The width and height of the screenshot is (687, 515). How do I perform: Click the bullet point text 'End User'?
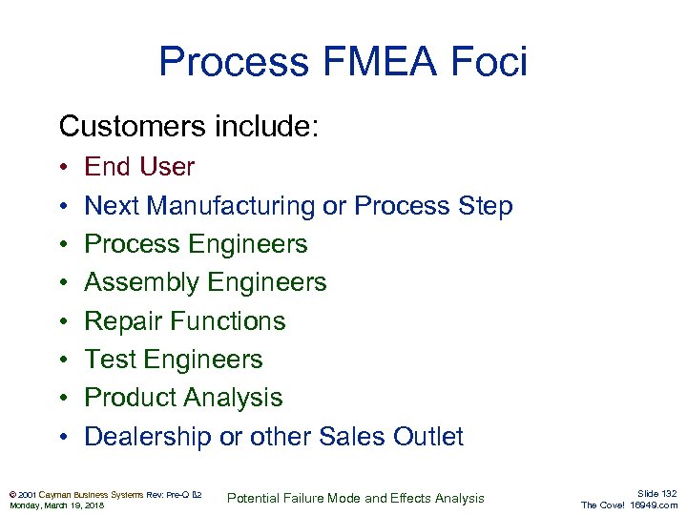139,167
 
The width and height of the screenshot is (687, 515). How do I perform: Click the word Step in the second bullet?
486,206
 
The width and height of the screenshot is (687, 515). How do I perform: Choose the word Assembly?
139,282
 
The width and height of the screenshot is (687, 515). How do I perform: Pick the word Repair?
123,321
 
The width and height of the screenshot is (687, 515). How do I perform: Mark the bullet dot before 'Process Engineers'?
62,244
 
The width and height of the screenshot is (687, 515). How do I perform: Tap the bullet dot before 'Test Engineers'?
62,360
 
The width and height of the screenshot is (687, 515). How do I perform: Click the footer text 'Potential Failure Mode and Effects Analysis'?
356,498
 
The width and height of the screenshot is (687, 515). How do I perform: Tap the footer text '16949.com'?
654,505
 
